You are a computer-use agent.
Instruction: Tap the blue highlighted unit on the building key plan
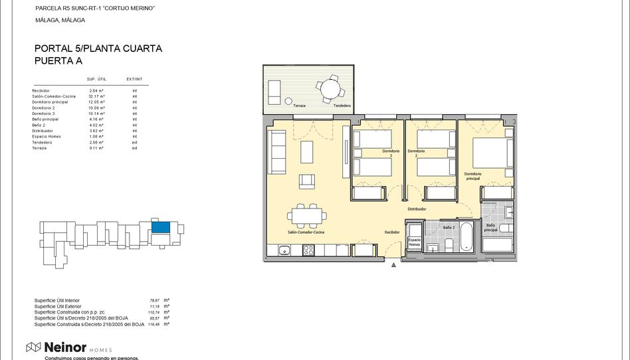pyautogui.click(x=160, y=227)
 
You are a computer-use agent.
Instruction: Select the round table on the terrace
pyautogui.click(x=328, y=88)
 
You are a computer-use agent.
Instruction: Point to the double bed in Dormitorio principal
pyautogui.click(x=492, y=153)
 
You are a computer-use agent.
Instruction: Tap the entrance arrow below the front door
pyautogui.click(x=394, y=264)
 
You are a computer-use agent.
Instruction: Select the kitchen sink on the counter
pyautogui.click(x=284, y=250)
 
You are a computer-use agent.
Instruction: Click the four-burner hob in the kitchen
pyautogui.click(x=309, y=250)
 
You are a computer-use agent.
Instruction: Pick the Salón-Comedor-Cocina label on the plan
pyautogui.click(x=306, y=232)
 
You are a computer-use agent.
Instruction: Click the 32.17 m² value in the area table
pyautogui.click(x=97, y=96)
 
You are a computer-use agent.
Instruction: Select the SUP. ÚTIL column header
pyautogui.click(x=96, y=79)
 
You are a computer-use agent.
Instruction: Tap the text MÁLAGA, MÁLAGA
pyautogui.click(x=60, y=20)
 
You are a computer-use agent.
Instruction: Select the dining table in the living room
pyautogui.click(x=307, y=215)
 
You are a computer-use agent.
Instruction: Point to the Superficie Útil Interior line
pyautogui.click(x=57, y=300)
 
